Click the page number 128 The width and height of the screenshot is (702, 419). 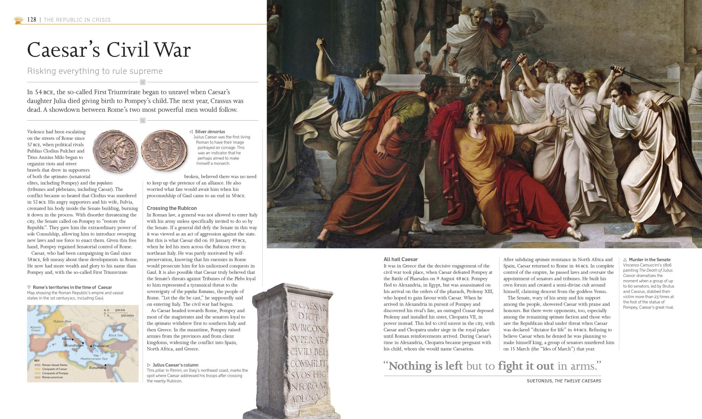pyautogui.click(x=32, y=20)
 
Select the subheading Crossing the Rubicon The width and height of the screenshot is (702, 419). pyautogui.click(x=172, y=208)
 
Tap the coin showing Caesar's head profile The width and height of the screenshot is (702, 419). pyautogui.click(x=115, y=151)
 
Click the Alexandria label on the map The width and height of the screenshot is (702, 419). pyautogui.click(x=97, y=368)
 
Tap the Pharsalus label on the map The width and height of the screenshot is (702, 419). pyautogui.click(x=100, y=346)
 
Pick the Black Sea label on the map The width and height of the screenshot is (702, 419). pyautogui.click(x=116, y=335)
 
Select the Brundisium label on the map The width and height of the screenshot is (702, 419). pyautogui.click(x=74, y=345)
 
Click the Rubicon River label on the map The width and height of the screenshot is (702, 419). pyautogui.click(x=62, y=321)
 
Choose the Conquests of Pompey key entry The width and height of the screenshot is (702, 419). pyautogui.click(x=55, y=373)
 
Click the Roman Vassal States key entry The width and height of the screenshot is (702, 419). pyautogui.click(x=55, y=365)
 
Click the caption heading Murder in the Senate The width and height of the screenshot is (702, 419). pyautogui.click(x=649, y=260)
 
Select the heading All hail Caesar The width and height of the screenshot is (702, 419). pyautogui.click(x=400, y=259)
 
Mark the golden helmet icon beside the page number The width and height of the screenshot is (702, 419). pyautogui.click(x=18, y=20)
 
